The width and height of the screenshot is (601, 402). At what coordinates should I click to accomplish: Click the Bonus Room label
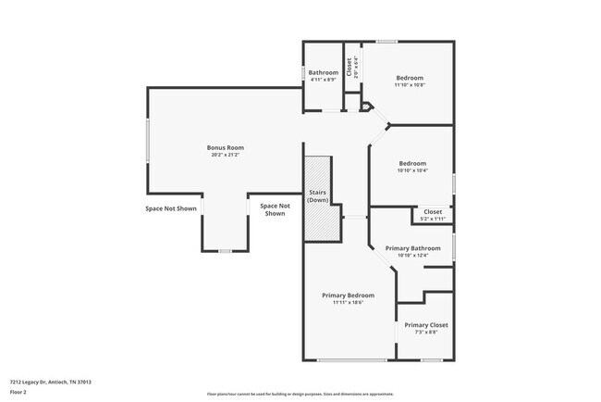tap(225, 147)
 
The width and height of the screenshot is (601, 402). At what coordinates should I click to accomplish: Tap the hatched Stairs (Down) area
tap(318, 198)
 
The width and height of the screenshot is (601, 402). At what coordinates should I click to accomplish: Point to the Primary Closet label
tap(426, 325)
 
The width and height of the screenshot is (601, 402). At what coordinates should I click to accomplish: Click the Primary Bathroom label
tap(412, 248)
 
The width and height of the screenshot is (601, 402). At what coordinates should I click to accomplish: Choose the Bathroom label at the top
tap(323, 72)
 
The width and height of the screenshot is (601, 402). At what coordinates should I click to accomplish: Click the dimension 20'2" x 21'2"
tap(225, 156)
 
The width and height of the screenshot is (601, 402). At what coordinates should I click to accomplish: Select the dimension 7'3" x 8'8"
tap(426, 333)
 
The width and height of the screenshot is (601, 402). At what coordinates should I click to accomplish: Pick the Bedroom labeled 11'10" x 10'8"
tap(410, 78)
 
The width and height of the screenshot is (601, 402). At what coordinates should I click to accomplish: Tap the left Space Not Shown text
tap(171, 208)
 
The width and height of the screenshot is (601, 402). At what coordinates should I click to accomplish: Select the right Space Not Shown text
tap(275, 209)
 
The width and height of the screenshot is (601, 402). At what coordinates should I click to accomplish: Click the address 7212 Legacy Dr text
tap(50, 381)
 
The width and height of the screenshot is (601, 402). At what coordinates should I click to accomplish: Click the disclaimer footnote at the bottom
tap(300, 394)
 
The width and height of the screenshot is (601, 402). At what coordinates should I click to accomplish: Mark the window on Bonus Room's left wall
tap(147, 140)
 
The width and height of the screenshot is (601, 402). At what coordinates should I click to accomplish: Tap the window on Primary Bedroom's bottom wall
tap(351, 360)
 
